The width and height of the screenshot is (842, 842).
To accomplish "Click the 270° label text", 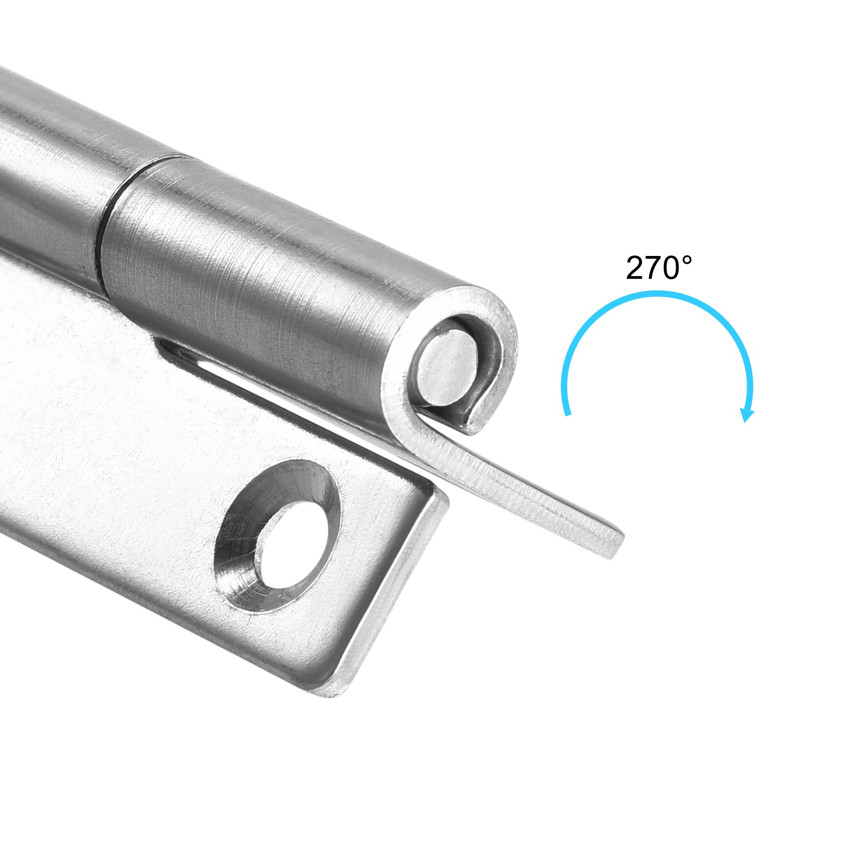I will (x=658, y=268).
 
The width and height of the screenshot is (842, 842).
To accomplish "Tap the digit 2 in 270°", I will (x=636, y=269).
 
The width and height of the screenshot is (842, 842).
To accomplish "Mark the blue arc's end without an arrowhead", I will (x=567, y=413).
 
